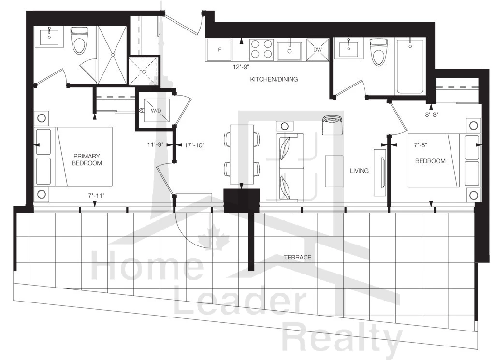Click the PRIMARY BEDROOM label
(87, 159)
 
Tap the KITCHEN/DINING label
(274, 79)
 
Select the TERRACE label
(298, 258)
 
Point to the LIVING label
(359, 171)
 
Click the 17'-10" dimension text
(195, 145)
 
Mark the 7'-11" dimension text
(97, 196)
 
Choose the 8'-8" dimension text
(432, 115)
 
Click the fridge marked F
(218, 50)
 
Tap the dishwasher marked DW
(318, 50)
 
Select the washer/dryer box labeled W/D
(156, 111)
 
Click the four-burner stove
(262, 50)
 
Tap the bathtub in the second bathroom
(410, 66)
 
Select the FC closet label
(143, 72)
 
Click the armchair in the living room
(332, 125)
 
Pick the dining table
(242, 154)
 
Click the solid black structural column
(242, 201)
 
